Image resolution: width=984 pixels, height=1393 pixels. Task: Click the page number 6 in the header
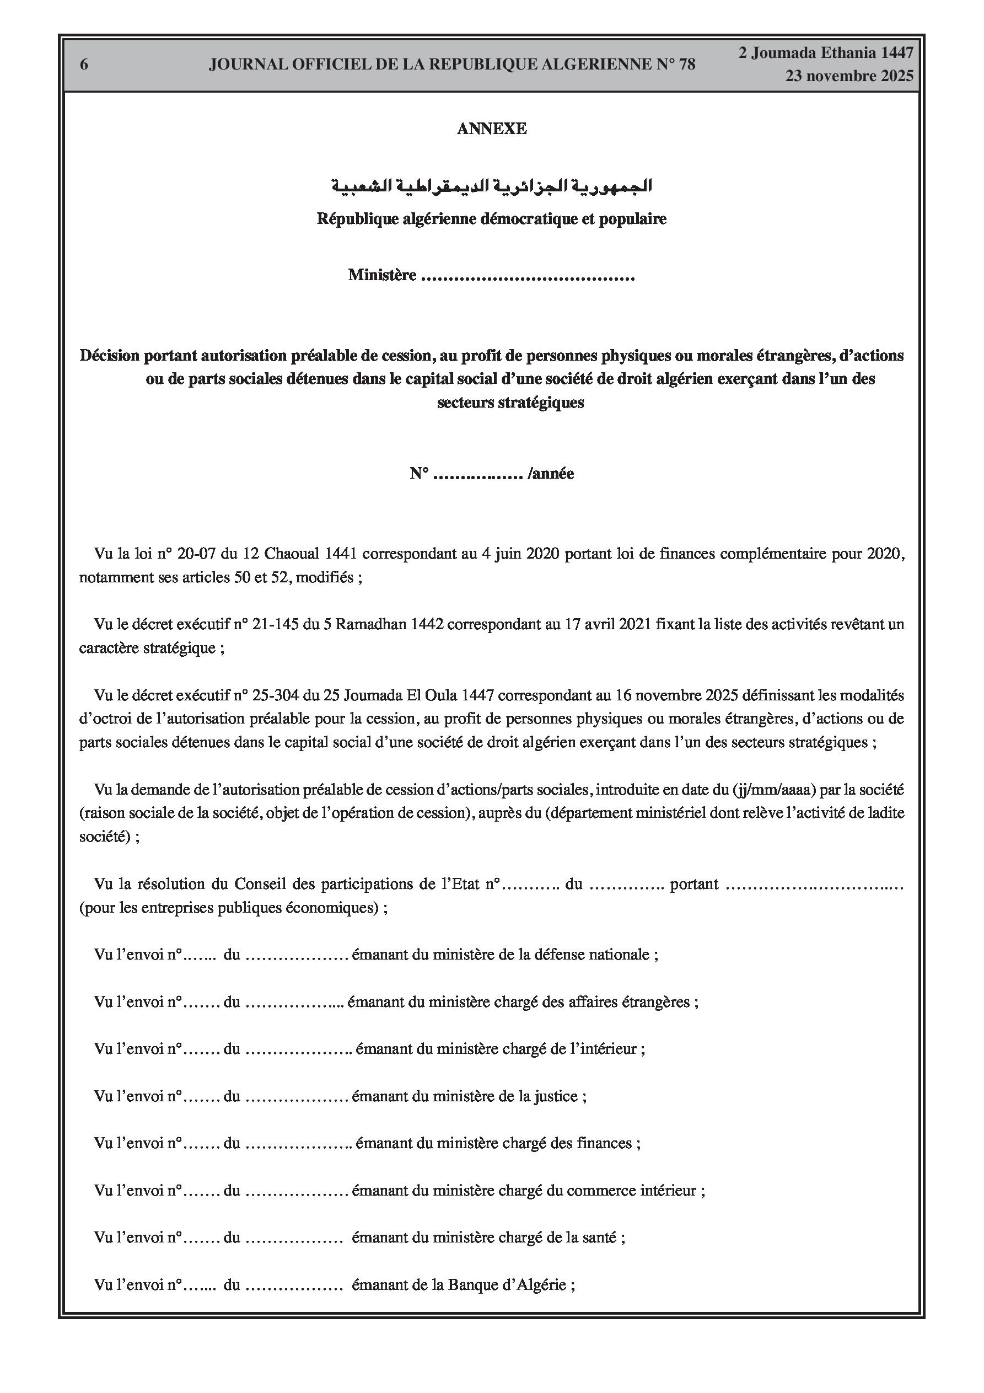pyautogui.click(x=84, y=65)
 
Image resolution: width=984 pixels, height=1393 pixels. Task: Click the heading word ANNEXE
pyautogui.click(x=491, y=128)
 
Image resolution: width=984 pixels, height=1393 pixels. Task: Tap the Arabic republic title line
pyautogui.click(x=491, y=186)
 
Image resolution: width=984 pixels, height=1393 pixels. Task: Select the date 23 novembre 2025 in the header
pyautogui.click(x=849, y=76)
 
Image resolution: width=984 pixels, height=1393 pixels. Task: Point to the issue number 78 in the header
pyautogui.click(x=687, y=65)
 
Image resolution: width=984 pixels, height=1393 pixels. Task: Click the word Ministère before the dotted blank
pyautogui.click(x=382, y=275)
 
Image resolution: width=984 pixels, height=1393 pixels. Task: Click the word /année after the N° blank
pyautogui.click(x=551, y=473)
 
